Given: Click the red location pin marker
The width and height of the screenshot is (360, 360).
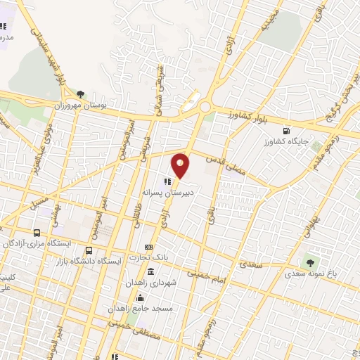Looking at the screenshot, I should click(x=181, y=165).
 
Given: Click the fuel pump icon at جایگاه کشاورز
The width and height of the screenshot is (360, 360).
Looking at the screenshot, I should click(x=286, y=130).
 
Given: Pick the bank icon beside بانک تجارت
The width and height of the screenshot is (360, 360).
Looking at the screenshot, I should click(x=148, y=247).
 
